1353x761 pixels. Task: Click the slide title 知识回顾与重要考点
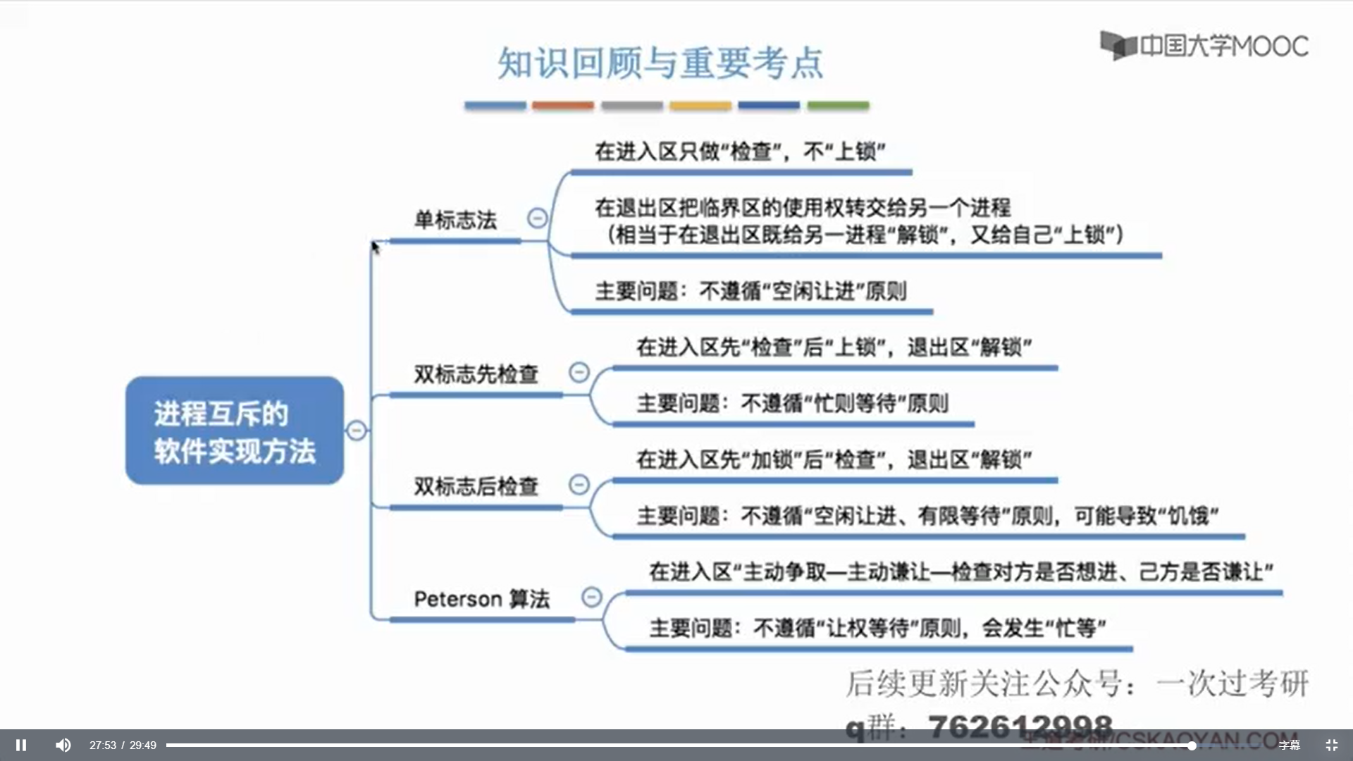pyautogui.click(x=660, y=63)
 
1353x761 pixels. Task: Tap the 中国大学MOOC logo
pyautogui.click(x=1204, y=46)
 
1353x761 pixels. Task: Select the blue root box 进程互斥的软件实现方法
pyautogui.click(x=235, y=431)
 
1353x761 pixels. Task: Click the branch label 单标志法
pyautogui.click(x=455, y=220)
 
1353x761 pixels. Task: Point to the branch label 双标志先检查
pyautogui.click(x=476, y=374)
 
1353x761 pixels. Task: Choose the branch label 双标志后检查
pyautogui.click(x=476, y=486)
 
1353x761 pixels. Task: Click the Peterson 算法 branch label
pyautogui.click(x=481, y=599)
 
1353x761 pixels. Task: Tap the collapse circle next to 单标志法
pyautogui.click(x=538, y=218)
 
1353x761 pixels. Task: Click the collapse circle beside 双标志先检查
pyautogui.click(x=579, y=372)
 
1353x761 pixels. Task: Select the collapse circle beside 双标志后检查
pyautogui.click(x=579, y=484)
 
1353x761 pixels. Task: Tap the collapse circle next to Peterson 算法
pyautogui.click(x=592, y=598)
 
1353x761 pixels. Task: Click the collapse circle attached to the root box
pyautogui.click(x=357, y=430)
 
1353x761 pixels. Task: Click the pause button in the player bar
pyautogui.click(x=21, y=745)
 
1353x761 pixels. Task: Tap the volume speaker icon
pyautogui.click(x=63, y=745)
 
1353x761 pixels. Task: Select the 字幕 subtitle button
pyautogui.click(x=1289, y=745)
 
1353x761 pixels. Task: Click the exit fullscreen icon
pyautogui.click(x=1331, y=745)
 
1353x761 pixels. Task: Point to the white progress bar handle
pyautogui.click(x=1191, y=745)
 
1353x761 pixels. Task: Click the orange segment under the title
pyautogui.click(x=563, y=106)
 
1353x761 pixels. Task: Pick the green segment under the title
pyautogui.click(x=838, y=106)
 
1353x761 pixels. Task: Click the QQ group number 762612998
pyautogui.click(x=1020, y=726)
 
